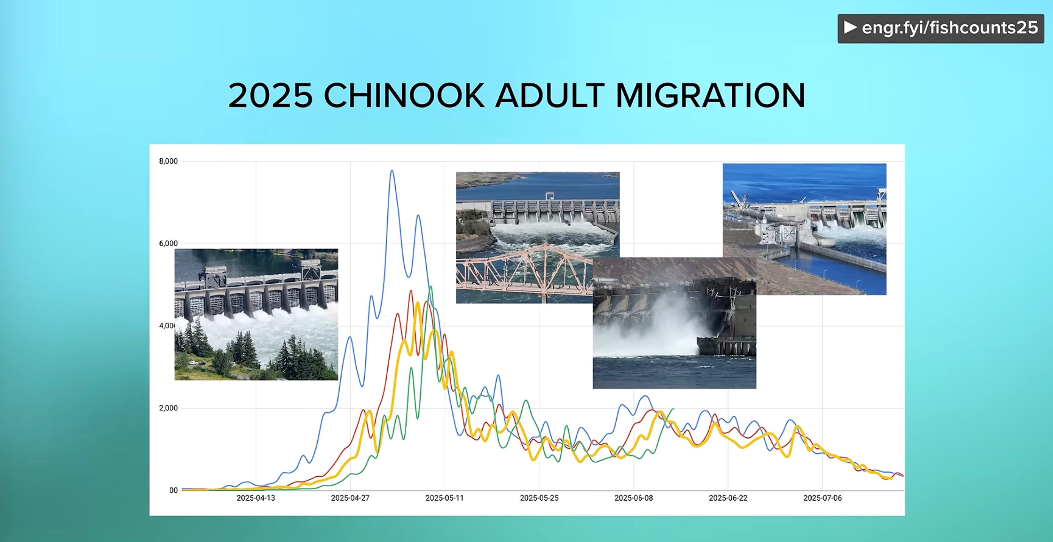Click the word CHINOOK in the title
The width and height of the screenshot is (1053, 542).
click(404, 96)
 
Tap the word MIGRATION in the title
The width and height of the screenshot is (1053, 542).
click(711, 96)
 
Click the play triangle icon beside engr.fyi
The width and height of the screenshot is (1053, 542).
click(850, 27)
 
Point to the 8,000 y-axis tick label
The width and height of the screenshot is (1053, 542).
click(169, 161)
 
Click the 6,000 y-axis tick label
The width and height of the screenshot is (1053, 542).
click(169, 244)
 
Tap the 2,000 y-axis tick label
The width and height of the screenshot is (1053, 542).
click(169, 408)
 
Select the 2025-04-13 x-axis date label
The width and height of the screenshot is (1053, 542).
click(256, 498)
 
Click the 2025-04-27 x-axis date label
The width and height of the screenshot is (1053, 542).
click(350, 498)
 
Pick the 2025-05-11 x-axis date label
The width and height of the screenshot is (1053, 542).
click(445, 498)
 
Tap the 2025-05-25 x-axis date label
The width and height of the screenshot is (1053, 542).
click(539, 498)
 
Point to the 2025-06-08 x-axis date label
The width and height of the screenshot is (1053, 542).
click(633, 498)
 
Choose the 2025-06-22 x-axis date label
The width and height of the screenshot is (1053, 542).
click(728, 498)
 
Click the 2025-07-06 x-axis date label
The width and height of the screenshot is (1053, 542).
click(822, 498)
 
